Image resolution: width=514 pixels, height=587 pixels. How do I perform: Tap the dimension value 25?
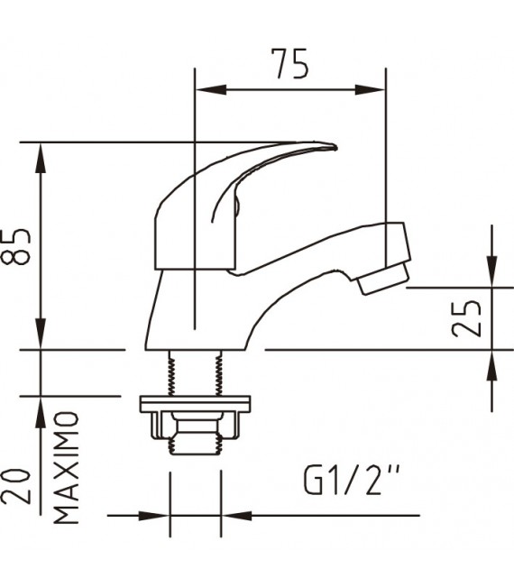[x=466, y=317]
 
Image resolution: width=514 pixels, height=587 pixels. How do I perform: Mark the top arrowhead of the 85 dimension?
[x=40, y=155]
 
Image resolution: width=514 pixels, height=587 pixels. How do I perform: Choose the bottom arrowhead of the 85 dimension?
[x=40, y=335]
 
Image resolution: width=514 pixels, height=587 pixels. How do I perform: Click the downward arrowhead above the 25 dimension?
[x=491, y=274]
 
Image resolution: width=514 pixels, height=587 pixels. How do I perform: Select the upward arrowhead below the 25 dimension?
[x=491, y=362]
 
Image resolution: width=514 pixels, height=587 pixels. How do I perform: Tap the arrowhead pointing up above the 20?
[x=40, y=409]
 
